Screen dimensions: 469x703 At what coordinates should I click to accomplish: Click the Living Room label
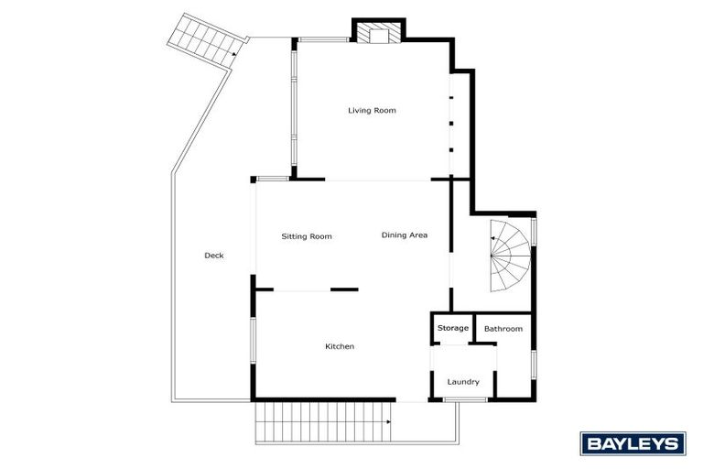tap(372, 111)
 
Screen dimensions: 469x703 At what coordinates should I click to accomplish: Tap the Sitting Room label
tap(306, 236)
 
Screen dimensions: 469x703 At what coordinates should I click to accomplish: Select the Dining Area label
tap(405, 235)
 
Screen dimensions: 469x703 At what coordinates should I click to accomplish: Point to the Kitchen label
tap(340, 346)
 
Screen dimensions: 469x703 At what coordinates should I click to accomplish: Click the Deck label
tap(213, 256)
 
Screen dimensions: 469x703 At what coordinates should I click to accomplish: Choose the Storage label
tap(452, 328)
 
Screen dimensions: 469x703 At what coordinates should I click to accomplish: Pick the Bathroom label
tap(503, 329)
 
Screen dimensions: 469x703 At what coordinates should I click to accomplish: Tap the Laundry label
tap(463, 382)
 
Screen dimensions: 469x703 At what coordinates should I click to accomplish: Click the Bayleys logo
tap(633, 444)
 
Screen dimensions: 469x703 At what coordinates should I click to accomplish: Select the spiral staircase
tap(509, 256)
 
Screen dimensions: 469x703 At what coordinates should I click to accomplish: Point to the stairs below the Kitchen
tap(325, 422)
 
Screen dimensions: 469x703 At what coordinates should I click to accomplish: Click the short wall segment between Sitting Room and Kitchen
tap(344, 289)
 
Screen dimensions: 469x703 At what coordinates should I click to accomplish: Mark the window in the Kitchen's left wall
tap(254, 345)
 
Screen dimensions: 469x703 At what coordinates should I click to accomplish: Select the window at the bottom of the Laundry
tap(471, 399)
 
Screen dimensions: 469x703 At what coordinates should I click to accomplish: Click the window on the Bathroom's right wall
tap(533, 364)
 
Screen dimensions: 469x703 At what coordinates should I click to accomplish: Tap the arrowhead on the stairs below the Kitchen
tap(389, 422)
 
